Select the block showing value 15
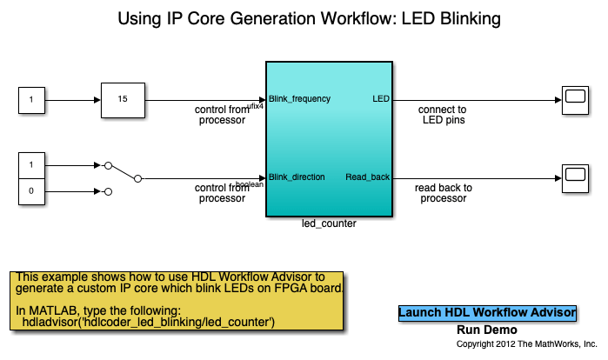coord(123,99)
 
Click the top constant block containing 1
coord(31,99)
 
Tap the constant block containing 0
coord(31,190)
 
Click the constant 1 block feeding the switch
coord(31,164)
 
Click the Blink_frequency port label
coord(300,99)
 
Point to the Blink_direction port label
coord(297,177)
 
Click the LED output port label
coord(381,99)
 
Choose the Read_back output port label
coord(367,177)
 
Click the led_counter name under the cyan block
coord(328,223)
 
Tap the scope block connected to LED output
coord(574,99)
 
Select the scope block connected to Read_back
coord(574,177)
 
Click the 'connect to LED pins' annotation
coord(442,115)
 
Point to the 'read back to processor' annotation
coord(443,192)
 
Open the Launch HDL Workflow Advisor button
coord(487,312)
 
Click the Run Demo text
coord(487,330)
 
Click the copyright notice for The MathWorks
coord(527,344)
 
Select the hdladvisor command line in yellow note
coord(148,323)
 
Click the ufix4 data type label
coord(255,106)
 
